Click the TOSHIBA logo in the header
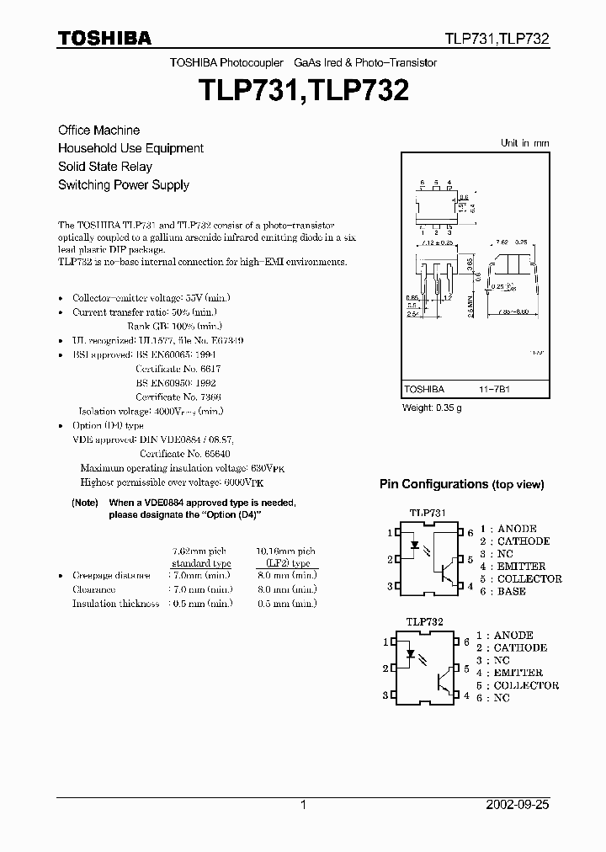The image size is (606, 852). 104,38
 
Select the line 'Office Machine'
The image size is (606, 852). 98,130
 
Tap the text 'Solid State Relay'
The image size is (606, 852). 104,167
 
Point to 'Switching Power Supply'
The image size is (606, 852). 123,185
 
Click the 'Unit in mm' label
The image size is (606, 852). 524,143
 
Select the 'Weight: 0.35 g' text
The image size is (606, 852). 433,408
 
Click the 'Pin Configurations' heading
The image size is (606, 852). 461,484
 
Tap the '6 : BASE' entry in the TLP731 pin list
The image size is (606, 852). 502,591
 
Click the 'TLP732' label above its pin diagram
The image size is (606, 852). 424,621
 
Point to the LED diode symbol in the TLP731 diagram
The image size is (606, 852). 416,545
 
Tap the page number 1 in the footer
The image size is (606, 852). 303,805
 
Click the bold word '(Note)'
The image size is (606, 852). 85,503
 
